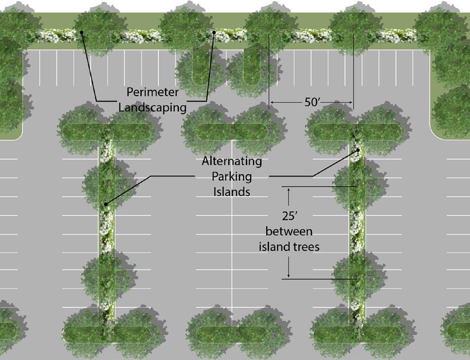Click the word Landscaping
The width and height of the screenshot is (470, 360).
pyautogui.click(x=149, y=107)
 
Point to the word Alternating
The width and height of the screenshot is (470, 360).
pyautogui.click(x=232, y=162)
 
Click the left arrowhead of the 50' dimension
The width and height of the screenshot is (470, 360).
pyautogui.click(x=272, y=103)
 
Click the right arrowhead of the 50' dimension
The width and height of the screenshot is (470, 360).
pyautogui.click(x=351, y=103)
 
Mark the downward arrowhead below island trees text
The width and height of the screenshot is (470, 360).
pyautogui.click(x=289, y=276)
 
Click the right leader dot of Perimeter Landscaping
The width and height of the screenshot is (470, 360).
pyautogui.click(x=214, y=33)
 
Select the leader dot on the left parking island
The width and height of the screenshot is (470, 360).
pyautogui.click(x=106, y=204)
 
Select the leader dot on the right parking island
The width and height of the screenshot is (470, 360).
pyautogui.click(x=358, y=150)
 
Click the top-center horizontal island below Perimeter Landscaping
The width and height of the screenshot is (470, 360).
pyautogui.click(x=232, y=131)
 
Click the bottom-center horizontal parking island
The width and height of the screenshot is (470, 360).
pyautogui.click(x=232, y=334)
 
